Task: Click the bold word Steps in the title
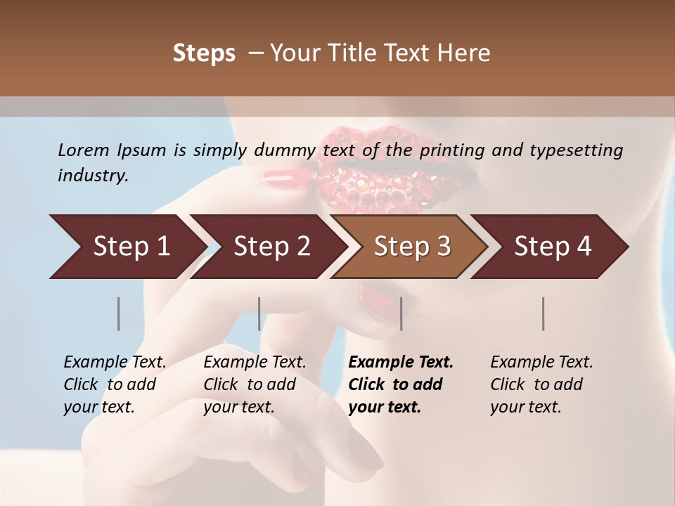click(x=204, y=53)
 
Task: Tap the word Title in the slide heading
click(x=360, y=53)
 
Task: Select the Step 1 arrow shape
click(x=127, y=247)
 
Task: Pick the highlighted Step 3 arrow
click(x=411, y=247)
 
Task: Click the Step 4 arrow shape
click(x=551, y=247)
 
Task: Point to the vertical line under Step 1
click(x=119, y=313)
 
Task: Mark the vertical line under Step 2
click(x=259, y=313)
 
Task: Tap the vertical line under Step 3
click(x=401, y=313)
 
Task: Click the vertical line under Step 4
click(x=543, y=313)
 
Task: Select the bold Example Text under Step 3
click(x=401, y=363)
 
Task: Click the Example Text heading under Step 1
click(x=115, y=363)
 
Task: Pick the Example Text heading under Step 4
click(x=541, y=363)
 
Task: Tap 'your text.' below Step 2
click(x=239, y=407)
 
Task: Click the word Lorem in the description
click(x=83, y=150)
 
